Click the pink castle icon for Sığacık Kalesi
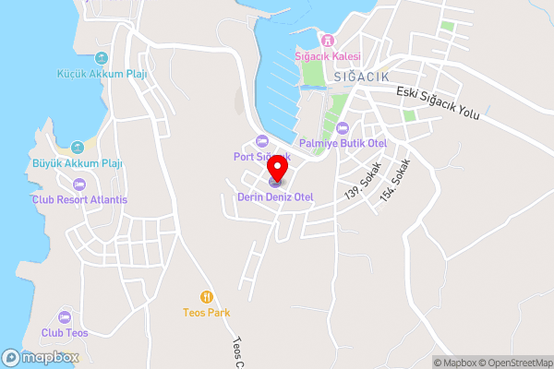pos(326,41)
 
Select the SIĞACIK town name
pos(363,76)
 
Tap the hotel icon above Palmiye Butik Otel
pos(343,127)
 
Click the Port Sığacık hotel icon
pos(261,141)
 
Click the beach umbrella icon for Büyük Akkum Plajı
pos(78,147)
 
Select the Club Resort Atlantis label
pos(79,199)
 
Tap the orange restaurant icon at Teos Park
pos(207,297)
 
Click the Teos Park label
pos(207,314)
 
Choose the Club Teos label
pos(65,333)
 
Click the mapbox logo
pos(41,357)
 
